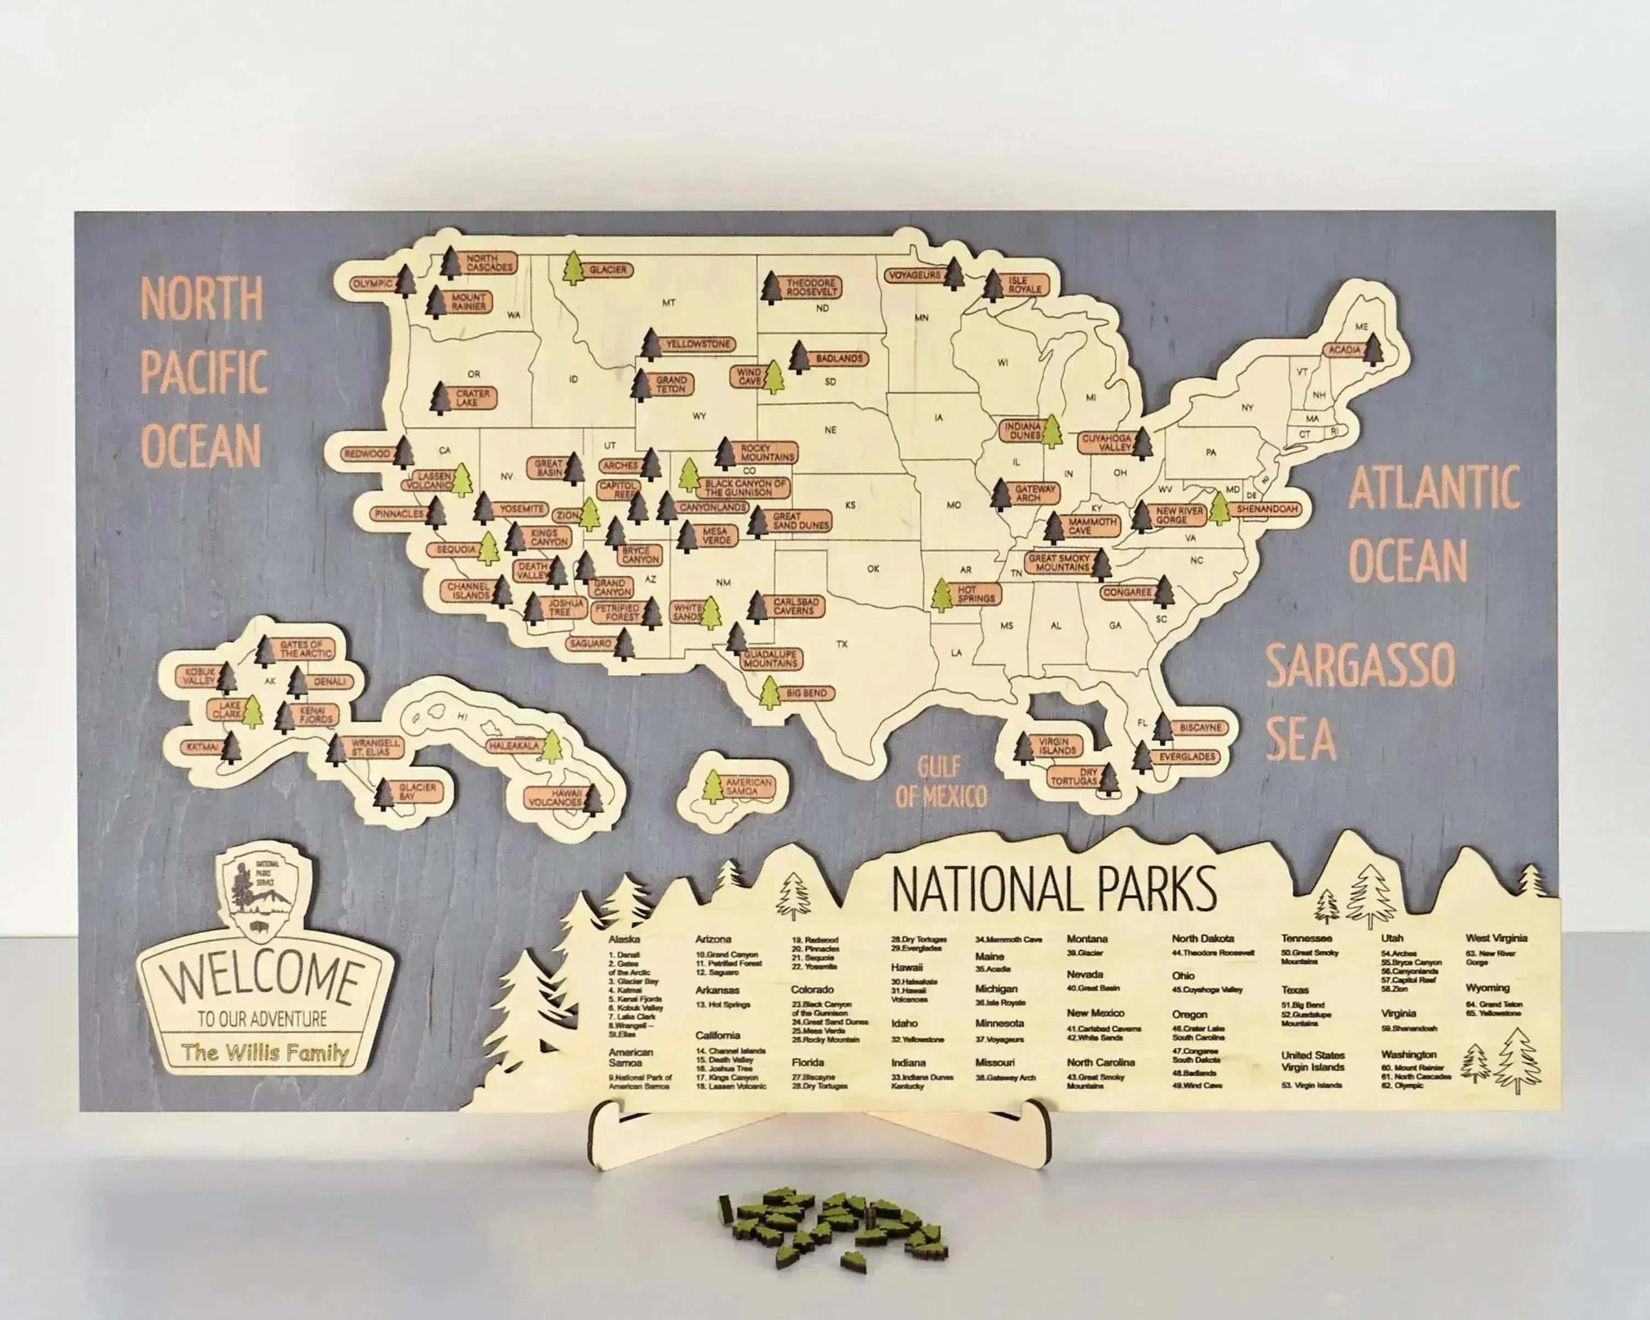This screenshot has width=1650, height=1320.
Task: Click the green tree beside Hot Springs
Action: [942, 595]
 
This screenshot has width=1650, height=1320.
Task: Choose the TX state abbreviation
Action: [842, 644]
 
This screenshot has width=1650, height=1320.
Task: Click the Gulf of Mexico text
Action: [941, 783]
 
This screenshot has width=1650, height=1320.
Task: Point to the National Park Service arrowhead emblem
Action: [258, 893]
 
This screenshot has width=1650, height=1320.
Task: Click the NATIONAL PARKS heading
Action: [1054, 890]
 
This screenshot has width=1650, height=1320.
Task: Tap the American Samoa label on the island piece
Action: [749, 787]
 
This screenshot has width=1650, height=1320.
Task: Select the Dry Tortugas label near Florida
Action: [1073, 777]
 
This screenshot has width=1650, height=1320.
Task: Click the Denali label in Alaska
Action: [329, 681]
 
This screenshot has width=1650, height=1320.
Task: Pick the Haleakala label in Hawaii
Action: [514, 745]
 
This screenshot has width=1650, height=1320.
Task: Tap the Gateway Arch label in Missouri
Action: [1035, 493]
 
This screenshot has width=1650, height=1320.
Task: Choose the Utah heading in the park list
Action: [1392, 938]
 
